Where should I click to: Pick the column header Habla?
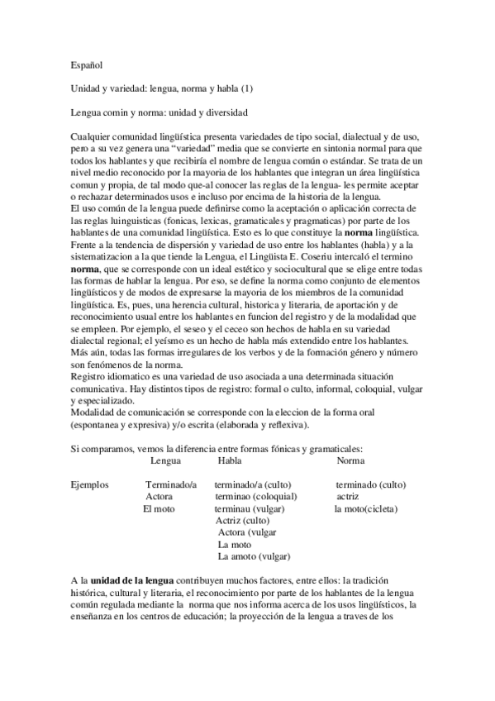[x=230, y=460]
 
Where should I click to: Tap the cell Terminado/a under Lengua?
[x=171, y=484]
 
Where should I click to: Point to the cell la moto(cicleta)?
[x=365, y=509]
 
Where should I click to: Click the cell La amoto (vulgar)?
[x=255, y=557]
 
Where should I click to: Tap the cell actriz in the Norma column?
[x=348, y=497]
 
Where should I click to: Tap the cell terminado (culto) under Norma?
[x=371, y=484]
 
